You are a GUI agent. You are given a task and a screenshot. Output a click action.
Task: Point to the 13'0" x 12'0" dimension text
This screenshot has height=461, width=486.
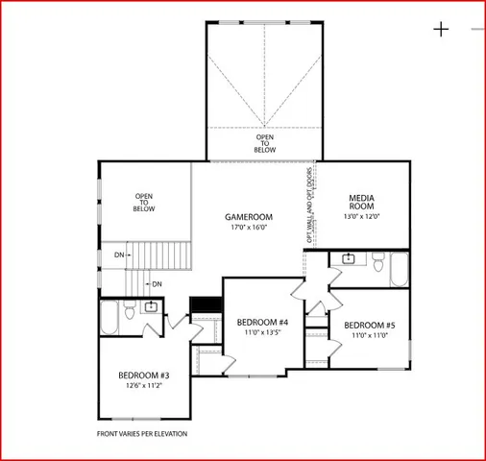(x=361, y=216)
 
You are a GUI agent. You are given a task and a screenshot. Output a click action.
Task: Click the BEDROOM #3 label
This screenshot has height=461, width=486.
(x=144, y=375)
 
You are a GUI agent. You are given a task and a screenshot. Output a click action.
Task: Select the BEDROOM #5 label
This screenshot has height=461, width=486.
(x=369, y=325)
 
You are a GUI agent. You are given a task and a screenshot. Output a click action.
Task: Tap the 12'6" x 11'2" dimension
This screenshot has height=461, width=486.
(x=144, y=385)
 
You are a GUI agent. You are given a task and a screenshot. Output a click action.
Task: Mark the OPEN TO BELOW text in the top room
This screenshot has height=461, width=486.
(x=264, y=143)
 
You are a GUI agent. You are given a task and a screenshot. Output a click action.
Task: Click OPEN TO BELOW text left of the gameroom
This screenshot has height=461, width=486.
(x=144, y=202)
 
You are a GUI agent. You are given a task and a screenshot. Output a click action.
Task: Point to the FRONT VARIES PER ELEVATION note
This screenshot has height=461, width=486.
(x=142, y=434)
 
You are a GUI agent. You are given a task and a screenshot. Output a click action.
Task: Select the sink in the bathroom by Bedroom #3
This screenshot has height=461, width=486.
(x=150, y=307)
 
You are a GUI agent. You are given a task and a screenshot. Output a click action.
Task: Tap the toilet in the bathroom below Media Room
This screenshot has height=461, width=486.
(x=377, y=259)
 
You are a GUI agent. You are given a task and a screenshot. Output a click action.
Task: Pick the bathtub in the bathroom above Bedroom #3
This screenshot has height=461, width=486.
(x=109, y=317)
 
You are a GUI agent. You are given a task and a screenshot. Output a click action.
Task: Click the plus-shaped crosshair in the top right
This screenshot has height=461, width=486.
(x=441, y=29)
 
